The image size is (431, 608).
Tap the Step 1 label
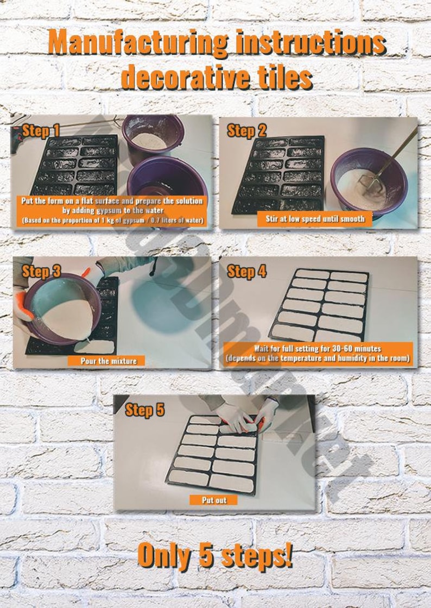pyautogui.click(x=41, y=131)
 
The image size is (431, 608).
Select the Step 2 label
pyautogui.click(x=246, y=131)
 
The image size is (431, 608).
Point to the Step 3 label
pyautogui.click(x=41, y=272)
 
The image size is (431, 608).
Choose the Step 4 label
pyautogui.click(x=246, y=272)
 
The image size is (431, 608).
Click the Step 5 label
pyautogui.click(x=144, y=410)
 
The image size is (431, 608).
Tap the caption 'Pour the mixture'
pyautogui.click(x=109, y=360)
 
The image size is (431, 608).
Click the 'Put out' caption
pyautogui.click(x=214, y=500)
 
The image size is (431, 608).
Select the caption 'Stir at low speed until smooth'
pyautogui.click(x=314, y=219)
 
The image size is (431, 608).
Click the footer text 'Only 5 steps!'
pyautogui.click(x=215, y=555)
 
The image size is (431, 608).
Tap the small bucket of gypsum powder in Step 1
pyautogui.click(x=151, y=135)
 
